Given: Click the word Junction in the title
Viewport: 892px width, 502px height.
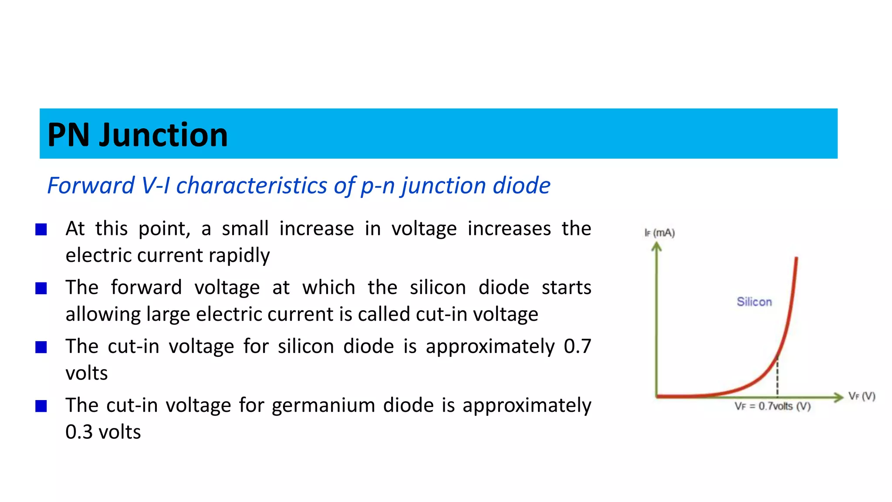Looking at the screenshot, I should (163, 135).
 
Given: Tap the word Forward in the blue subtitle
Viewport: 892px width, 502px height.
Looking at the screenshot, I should (91, 186).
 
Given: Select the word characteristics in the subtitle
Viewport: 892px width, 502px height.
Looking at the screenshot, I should (252, 186).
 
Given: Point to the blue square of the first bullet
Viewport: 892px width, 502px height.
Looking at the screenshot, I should (41, 230).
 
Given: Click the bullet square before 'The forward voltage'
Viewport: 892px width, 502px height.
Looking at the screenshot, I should (41, 288).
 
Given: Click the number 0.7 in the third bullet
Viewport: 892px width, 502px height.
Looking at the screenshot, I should (577, 346).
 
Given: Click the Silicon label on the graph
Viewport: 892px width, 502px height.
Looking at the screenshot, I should (754, 302).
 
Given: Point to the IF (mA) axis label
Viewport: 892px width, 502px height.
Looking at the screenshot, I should (659, 233).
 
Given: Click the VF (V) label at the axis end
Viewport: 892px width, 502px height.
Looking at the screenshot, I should (862, 396).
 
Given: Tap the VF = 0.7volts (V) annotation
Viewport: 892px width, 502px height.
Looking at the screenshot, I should (772, 406).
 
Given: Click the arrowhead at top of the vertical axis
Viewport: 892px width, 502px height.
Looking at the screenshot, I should (656, 247).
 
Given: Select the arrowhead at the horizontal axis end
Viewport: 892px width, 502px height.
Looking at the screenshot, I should (838, 397).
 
